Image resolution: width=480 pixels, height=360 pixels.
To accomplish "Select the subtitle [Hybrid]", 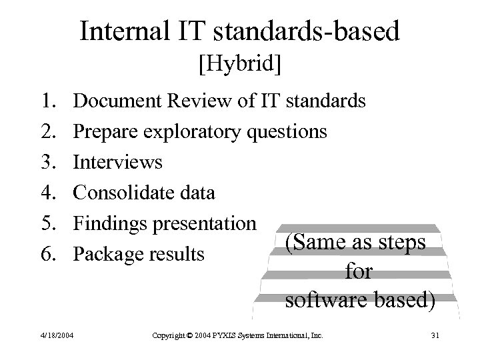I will (239, 65).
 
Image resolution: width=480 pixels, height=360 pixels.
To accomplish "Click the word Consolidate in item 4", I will (121, 193).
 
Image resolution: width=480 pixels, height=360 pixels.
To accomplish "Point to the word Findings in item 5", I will (111, 223).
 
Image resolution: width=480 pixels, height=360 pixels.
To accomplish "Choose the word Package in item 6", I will (107, 254).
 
